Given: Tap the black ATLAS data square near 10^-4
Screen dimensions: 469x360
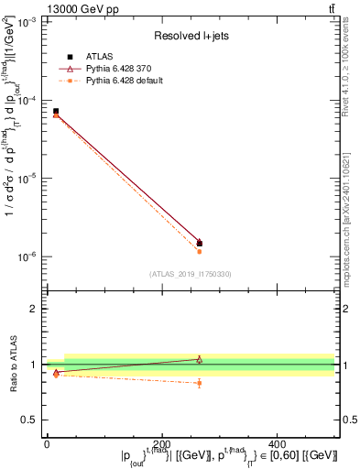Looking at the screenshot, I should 56,111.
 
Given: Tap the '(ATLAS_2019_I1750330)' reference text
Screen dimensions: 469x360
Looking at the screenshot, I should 190,274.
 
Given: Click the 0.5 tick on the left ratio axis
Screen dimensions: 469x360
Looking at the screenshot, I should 32,420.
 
